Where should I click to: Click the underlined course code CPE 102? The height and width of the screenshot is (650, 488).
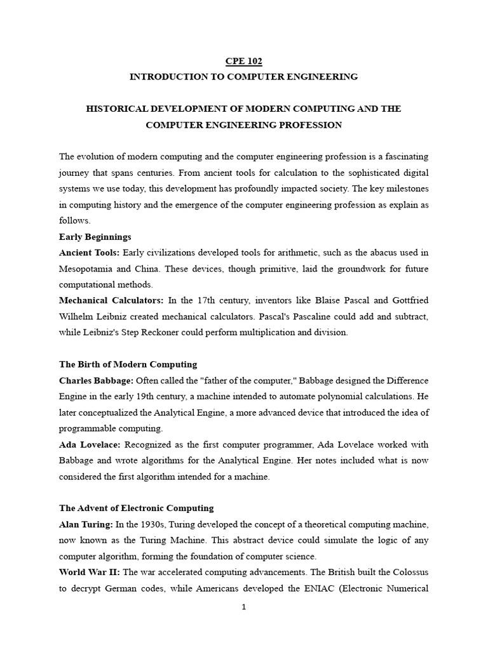pyautogui.click(x=243, y=62)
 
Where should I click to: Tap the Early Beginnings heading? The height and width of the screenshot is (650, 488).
pyautogui.click(x=95, y=237)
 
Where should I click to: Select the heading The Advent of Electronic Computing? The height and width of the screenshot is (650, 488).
pyautogui.click(x=137, y=508)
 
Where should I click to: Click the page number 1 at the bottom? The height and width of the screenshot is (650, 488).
pyautogui.click(x=244, y=607)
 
